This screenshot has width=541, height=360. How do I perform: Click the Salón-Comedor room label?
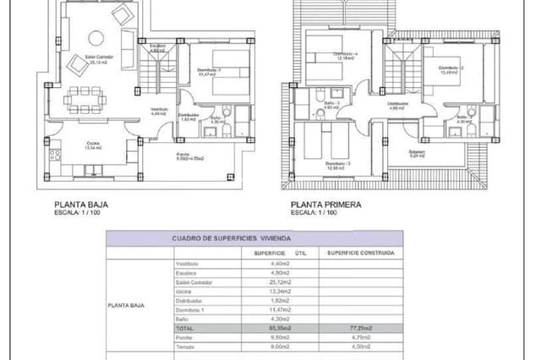click(x=78, y=58)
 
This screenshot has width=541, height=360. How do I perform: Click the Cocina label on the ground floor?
click(x=94, y=143)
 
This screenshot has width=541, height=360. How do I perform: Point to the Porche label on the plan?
click(x=183, y=155)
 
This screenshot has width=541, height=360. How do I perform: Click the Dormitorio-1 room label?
click(x=209, y=71)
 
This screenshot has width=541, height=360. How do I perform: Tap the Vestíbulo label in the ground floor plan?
click(x=159, y=109)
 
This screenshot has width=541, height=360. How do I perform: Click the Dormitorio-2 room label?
click(x=445, y=68)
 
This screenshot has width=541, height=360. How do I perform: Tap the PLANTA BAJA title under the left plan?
click(x=81, y=204)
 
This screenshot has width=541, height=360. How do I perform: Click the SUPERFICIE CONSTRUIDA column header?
click(x=360, y=252)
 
